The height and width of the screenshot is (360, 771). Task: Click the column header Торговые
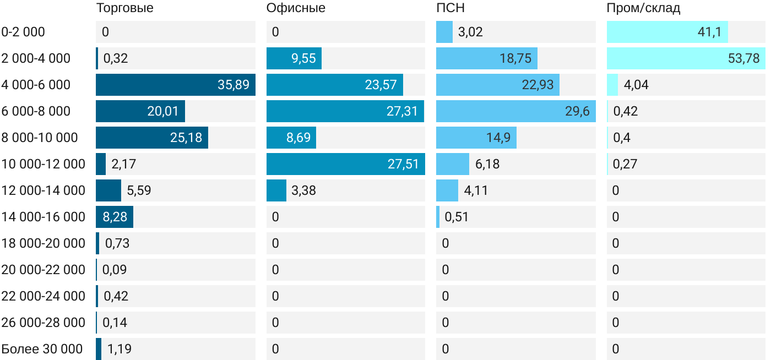124,8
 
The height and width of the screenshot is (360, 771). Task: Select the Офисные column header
296,8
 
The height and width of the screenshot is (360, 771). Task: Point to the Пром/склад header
643,8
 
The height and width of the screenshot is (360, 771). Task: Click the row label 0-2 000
23,32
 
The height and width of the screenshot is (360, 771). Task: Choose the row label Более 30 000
42,349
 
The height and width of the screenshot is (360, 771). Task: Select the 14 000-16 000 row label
44,217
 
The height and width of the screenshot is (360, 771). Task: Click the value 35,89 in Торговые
233,85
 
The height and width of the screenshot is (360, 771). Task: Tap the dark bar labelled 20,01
140,111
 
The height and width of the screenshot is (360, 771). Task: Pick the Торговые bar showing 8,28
114,217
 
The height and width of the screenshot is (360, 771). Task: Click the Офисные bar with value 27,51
345,164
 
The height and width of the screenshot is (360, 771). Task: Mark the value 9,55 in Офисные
303,58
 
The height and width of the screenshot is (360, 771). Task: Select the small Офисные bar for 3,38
276,190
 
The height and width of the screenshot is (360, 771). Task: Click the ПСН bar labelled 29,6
515,111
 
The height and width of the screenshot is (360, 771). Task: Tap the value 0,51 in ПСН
457,217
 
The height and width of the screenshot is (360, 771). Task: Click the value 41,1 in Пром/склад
709,32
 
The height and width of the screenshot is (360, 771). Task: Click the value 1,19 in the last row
119,349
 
